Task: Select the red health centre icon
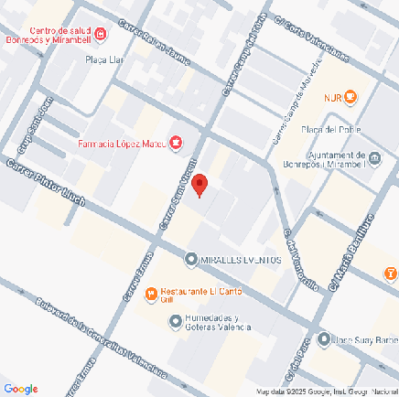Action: pos(101,35)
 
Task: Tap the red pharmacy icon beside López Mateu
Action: pos(177,143)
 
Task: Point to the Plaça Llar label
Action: pos(102,59)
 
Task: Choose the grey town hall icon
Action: pos(373,161)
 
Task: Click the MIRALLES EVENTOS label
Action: pos(240,260)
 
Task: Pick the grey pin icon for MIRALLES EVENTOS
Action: pos(190,260)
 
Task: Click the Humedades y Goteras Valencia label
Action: pos(217,323)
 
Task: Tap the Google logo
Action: pos(20,388)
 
